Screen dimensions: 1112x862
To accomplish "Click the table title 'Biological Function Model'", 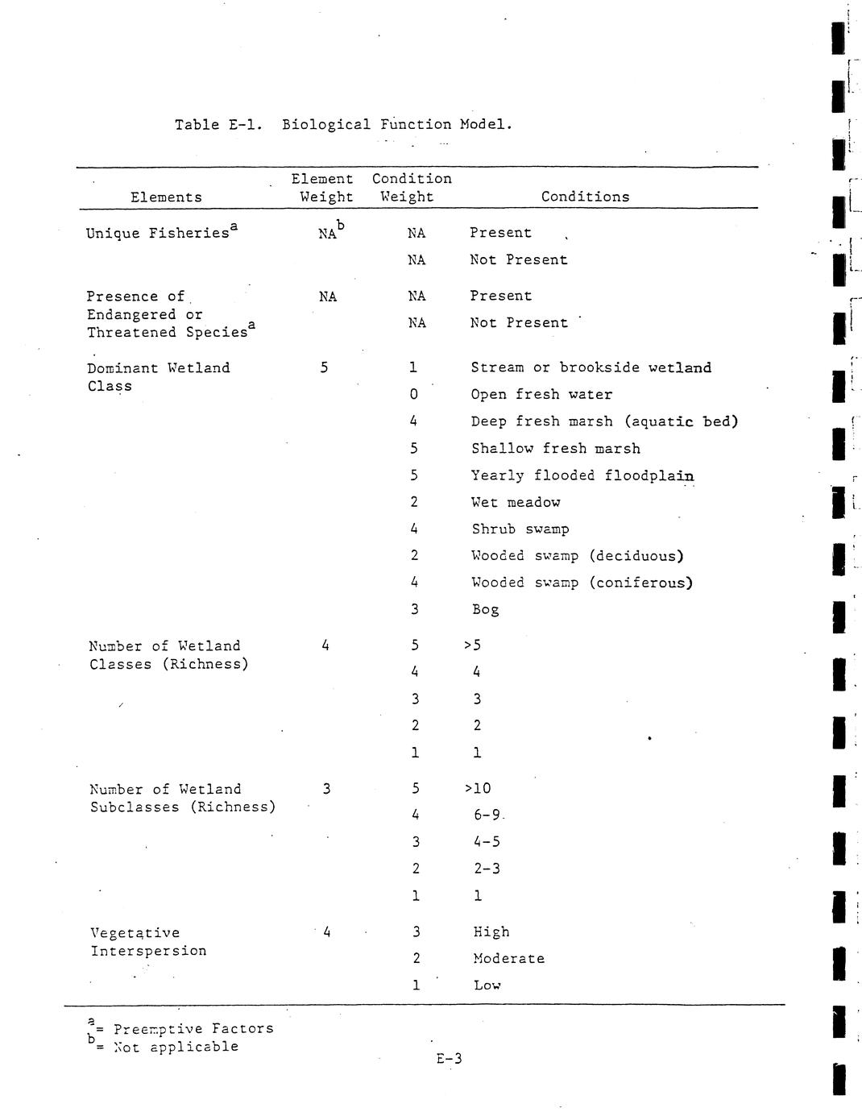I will click(396, 125).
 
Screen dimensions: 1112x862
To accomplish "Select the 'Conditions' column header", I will click(585, 197).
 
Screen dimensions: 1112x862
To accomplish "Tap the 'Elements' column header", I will click(166, 197).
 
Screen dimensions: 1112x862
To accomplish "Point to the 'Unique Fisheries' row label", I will click(158, 234).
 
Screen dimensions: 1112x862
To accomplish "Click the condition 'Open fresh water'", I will click(541, 395).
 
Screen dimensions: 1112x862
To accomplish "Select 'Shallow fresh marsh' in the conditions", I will click(556, 449).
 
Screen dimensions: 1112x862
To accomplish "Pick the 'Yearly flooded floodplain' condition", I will click(582, 475).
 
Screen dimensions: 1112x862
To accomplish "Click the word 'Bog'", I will click(486, 610).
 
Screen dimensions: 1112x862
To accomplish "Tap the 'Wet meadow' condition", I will click(516, 503).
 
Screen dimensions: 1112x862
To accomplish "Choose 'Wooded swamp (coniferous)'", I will click(582, 583).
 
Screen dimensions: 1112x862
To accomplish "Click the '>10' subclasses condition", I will click(478, 789).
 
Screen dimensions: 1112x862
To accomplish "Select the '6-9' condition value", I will click(487, 815).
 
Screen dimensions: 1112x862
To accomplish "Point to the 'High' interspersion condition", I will click(491, 932).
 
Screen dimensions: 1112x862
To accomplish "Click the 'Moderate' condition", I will click(508, 959).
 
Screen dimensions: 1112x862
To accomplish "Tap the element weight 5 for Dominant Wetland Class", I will click(324, 368).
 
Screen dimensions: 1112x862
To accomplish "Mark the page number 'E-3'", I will click(449, 1059).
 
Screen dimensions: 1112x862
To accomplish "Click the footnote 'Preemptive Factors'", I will click(193, 1029).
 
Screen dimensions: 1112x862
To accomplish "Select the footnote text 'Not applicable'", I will click(176, 1047).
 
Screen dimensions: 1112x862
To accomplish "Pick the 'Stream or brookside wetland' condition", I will click(591, 368).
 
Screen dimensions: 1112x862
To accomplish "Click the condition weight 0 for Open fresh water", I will click(413, 395).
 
